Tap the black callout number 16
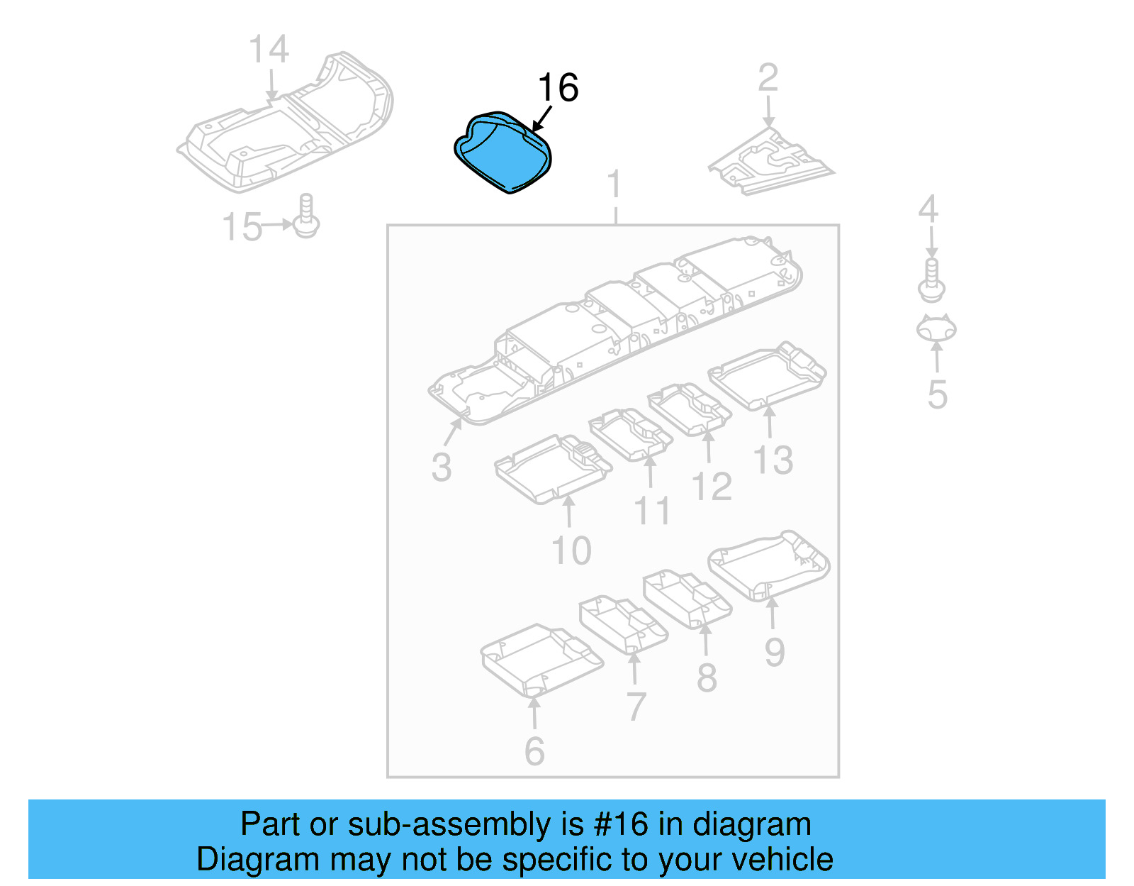tap(558, 89)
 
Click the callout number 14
tap(269, 50)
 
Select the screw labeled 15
tap(306, 216)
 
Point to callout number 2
tap(768, 78)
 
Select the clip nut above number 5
tap(936, 328)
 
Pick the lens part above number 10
tap(554, 469)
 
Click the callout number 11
tap(651, 511)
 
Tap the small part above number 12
tap(690, 410)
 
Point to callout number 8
tap(707, 678)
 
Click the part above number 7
tap(623, 625)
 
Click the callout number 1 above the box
tap(614, 184)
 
